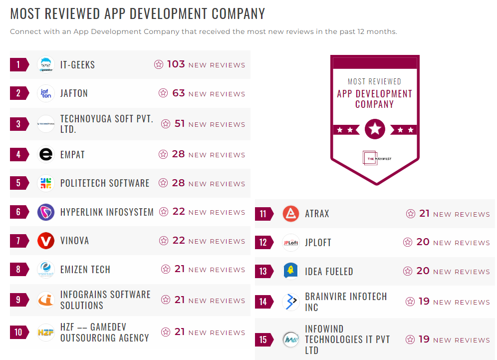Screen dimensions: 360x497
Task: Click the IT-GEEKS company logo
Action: coord(46,64)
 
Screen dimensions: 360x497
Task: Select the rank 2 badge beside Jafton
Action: coord(19,93)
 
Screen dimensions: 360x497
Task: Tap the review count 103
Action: coord(176,64)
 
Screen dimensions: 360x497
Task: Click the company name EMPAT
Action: coord(72,155)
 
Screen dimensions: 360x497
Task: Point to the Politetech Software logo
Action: coord(46,183)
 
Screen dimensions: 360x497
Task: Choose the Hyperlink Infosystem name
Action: coord(107,212)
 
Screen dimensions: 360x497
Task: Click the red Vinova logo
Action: coord(46,241)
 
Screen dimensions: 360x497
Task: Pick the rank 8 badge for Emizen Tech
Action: coord(19,270)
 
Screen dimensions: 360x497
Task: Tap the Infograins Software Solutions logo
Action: coord(46,300)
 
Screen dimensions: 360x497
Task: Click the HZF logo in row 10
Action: coord(46,332)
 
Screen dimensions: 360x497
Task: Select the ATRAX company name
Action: coord(317,214)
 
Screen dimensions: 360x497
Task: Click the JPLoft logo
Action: coord(290,243)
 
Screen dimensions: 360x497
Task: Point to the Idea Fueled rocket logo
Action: coord(290,271)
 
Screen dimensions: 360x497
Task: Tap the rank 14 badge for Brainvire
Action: coord(264,302)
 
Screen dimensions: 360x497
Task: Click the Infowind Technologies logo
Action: coord(290,340)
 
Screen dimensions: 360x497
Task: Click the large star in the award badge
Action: coord(375,129)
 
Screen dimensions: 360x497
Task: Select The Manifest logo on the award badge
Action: coord(375,158)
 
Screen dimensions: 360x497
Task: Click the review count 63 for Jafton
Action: coord(178,93)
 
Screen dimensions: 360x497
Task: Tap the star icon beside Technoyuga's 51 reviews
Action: coord(166,124)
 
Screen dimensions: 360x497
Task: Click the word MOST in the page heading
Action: coord(26,13)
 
